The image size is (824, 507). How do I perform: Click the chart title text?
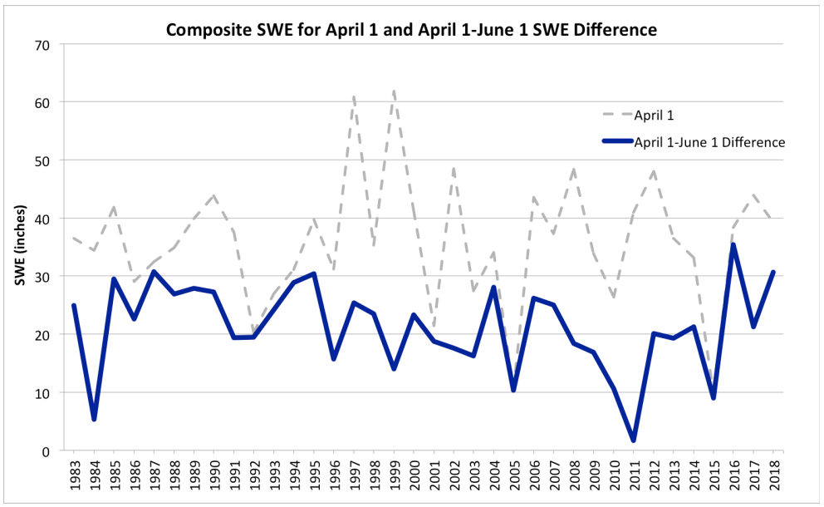pyautogui.click(x=411, y=30)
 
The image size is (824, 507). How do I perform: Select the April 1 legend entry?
pyautogui.click(x=647, y=114)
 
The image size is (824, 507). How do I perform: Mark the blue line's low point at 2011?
pyautogui.click(x=634, y=441)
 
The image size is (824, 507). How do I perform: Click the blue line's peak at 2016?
pyautogui.click(x=733, y=244)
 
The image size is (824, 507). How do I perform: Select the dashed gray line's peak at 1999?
pyautogui.click(x=394, y=91)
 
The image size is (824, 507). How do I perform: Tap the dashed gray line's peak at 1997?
pyautogui.click(x=354, y=96)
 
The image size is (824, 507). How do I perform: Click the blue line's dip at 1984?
pyautogui.click(x=94, y=420)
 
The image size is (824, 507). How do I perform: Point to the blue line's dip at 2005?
pyautogui.click(x=514, y=390)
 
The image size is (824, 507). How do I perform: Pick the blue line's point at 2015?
pyautogui.click(x=714, y=398)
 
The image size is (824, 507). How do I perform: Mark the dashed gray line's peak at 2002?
pyautogui.click(x=454, y=168)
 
